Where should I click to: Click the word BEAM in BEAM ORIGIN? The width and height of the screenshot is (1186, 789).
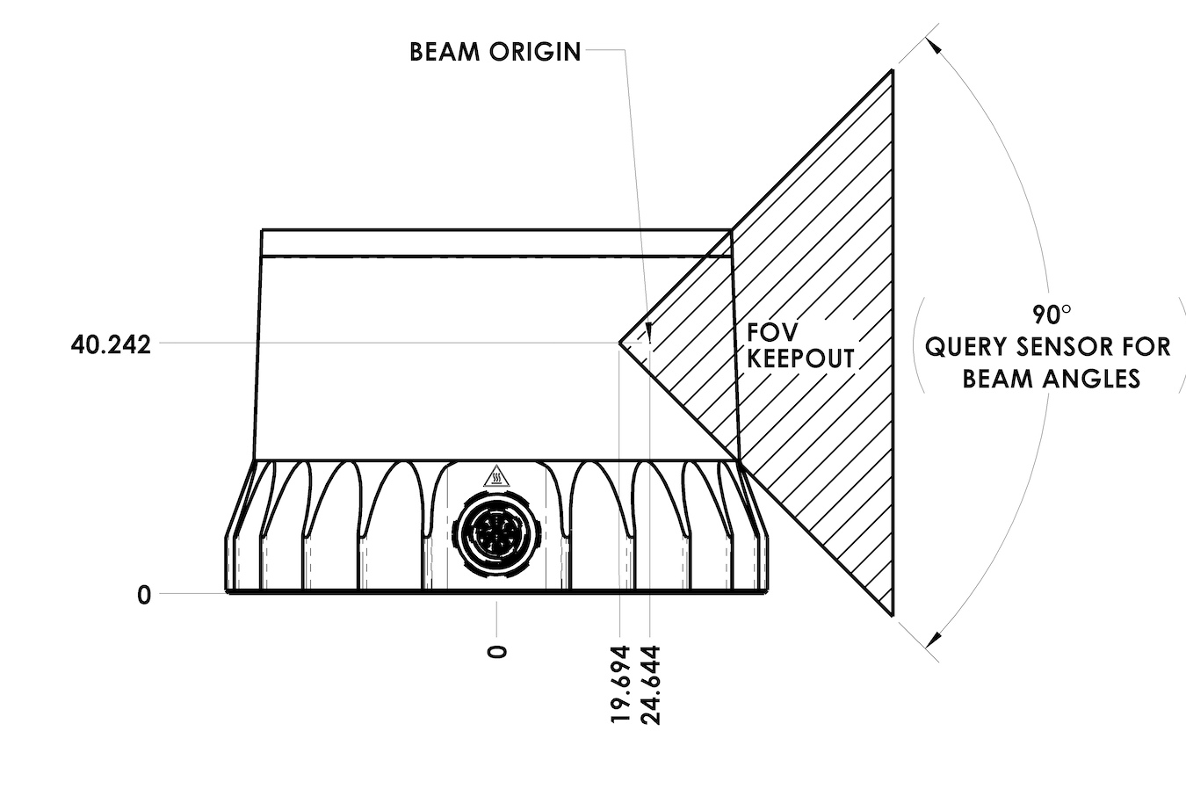click(445, 52)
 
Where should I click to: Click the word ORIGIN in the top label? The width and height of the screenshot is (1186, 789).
click(535, 52)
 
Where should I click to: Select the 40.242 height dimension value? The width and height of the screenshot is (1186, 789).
click(112, 345)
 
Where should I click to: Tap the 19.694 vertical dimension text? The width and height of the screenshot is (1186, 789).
click(620, 684)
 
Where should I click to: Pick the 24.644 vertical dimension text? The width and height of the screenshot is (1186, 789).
click(651, 684)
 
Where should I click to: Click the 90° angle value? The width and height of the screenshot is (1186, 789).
click(1052, 315)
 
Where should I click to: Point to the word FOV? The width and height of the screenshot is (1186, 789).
click(772, 332)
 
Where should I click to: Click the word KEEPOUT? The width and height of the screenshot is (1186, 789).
click(800, 358)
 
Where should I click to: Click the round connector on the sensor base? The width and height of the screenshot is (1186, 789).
click(496, 530)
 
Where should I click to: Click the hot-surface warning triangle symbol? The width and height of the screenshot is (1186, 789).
click(496, 476)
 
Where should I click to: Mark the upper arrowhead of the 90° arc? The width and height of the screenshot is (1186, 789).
click(934, 46)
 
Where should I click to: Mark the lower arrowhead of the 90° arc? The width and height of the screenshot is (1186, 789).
click(934, 640)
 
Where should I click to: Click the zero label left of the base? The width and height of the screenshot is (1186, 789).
click(144, 596)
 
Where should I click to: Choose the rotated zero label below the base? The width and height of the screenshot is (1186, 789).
click(496, 653)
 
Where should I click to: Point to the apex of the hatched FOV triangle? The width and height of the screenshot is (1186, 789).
click(619, 344)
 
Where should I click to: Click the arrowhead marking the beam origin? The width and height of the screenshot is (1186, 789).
click(649, 331)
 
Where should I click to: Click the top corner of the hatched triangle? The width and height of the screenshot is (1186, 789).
click(893, 70)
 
